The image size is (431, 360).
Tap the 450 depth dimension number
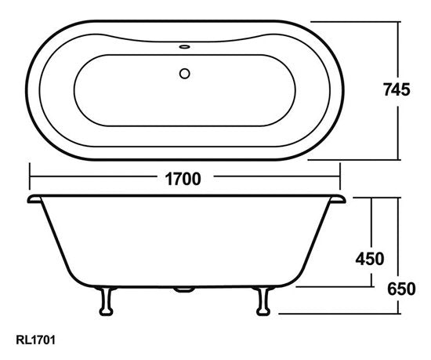click(x=368, y=258)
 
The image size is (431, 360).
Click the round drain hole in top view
click(x=186, y=75)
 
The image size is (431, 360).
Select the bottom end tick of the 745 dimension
click(x=400, y=159)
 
